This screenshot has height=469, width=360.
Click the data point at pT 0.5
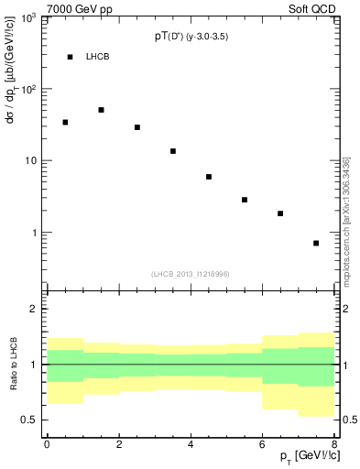[x=65, y=122]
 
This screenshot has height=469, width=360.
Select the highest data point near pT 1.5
[x=101, y=110]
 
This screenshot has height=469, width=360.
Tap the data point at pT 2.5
[x=137, y=127]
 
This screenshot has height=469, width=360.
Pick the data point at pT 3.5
[x=173, y=151]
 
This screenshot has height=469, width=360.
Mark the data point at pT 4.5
[x=209, y=177]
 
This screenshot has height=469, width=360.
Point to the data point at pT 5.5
[x=245, y=200]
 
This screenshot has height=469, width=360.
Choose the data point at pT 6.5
[x=280, y=213]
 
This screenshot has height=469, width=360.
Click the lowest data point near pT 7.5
[x=316, y=243]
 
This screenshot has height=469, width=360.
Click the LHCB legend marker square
[x=70, y=57]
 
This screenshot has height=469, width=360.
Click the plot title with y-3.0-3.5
[x=191, y=37]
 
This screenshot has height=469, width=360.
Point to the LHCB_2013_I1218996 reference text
[x=191, y=274]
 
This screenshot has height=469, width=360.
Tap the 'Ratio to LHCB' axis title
[x=12, y=365]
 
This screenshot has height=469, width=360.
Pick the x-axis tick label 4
[x=191, y=444]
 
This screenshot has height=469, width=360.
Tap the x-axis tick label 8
[x=334, y=444]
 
